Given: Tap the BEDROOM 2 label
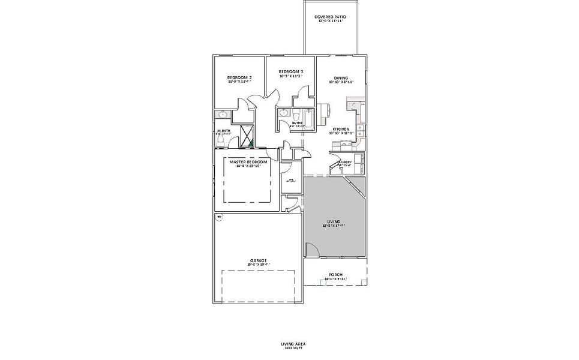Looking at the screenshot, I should [239, 78].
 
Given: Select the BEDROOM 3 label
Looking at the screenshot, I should [290, 72].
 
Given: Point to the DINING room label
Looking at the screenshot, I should [341, 78].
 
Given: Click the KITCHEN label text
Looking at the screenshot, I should [341, 129].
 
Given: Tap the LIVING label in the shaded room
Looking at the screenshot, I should [334, 221].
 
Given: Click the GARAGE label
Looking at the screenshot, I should [259, 260].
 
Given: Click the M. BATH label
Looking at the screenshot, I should [223, 131].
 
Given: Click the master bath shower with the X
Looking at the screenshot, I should [247, 136].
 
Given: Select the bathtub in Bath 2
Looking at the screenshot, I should [308, 119].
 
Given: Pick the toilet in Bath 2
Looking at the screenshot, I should [296, 115].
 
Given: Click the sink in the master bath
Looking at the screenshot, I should [223, 114].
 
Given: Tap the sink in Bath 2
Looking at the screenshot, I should [283, 113].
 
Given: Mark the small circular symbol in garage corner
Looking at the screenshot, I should [219, 216].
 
